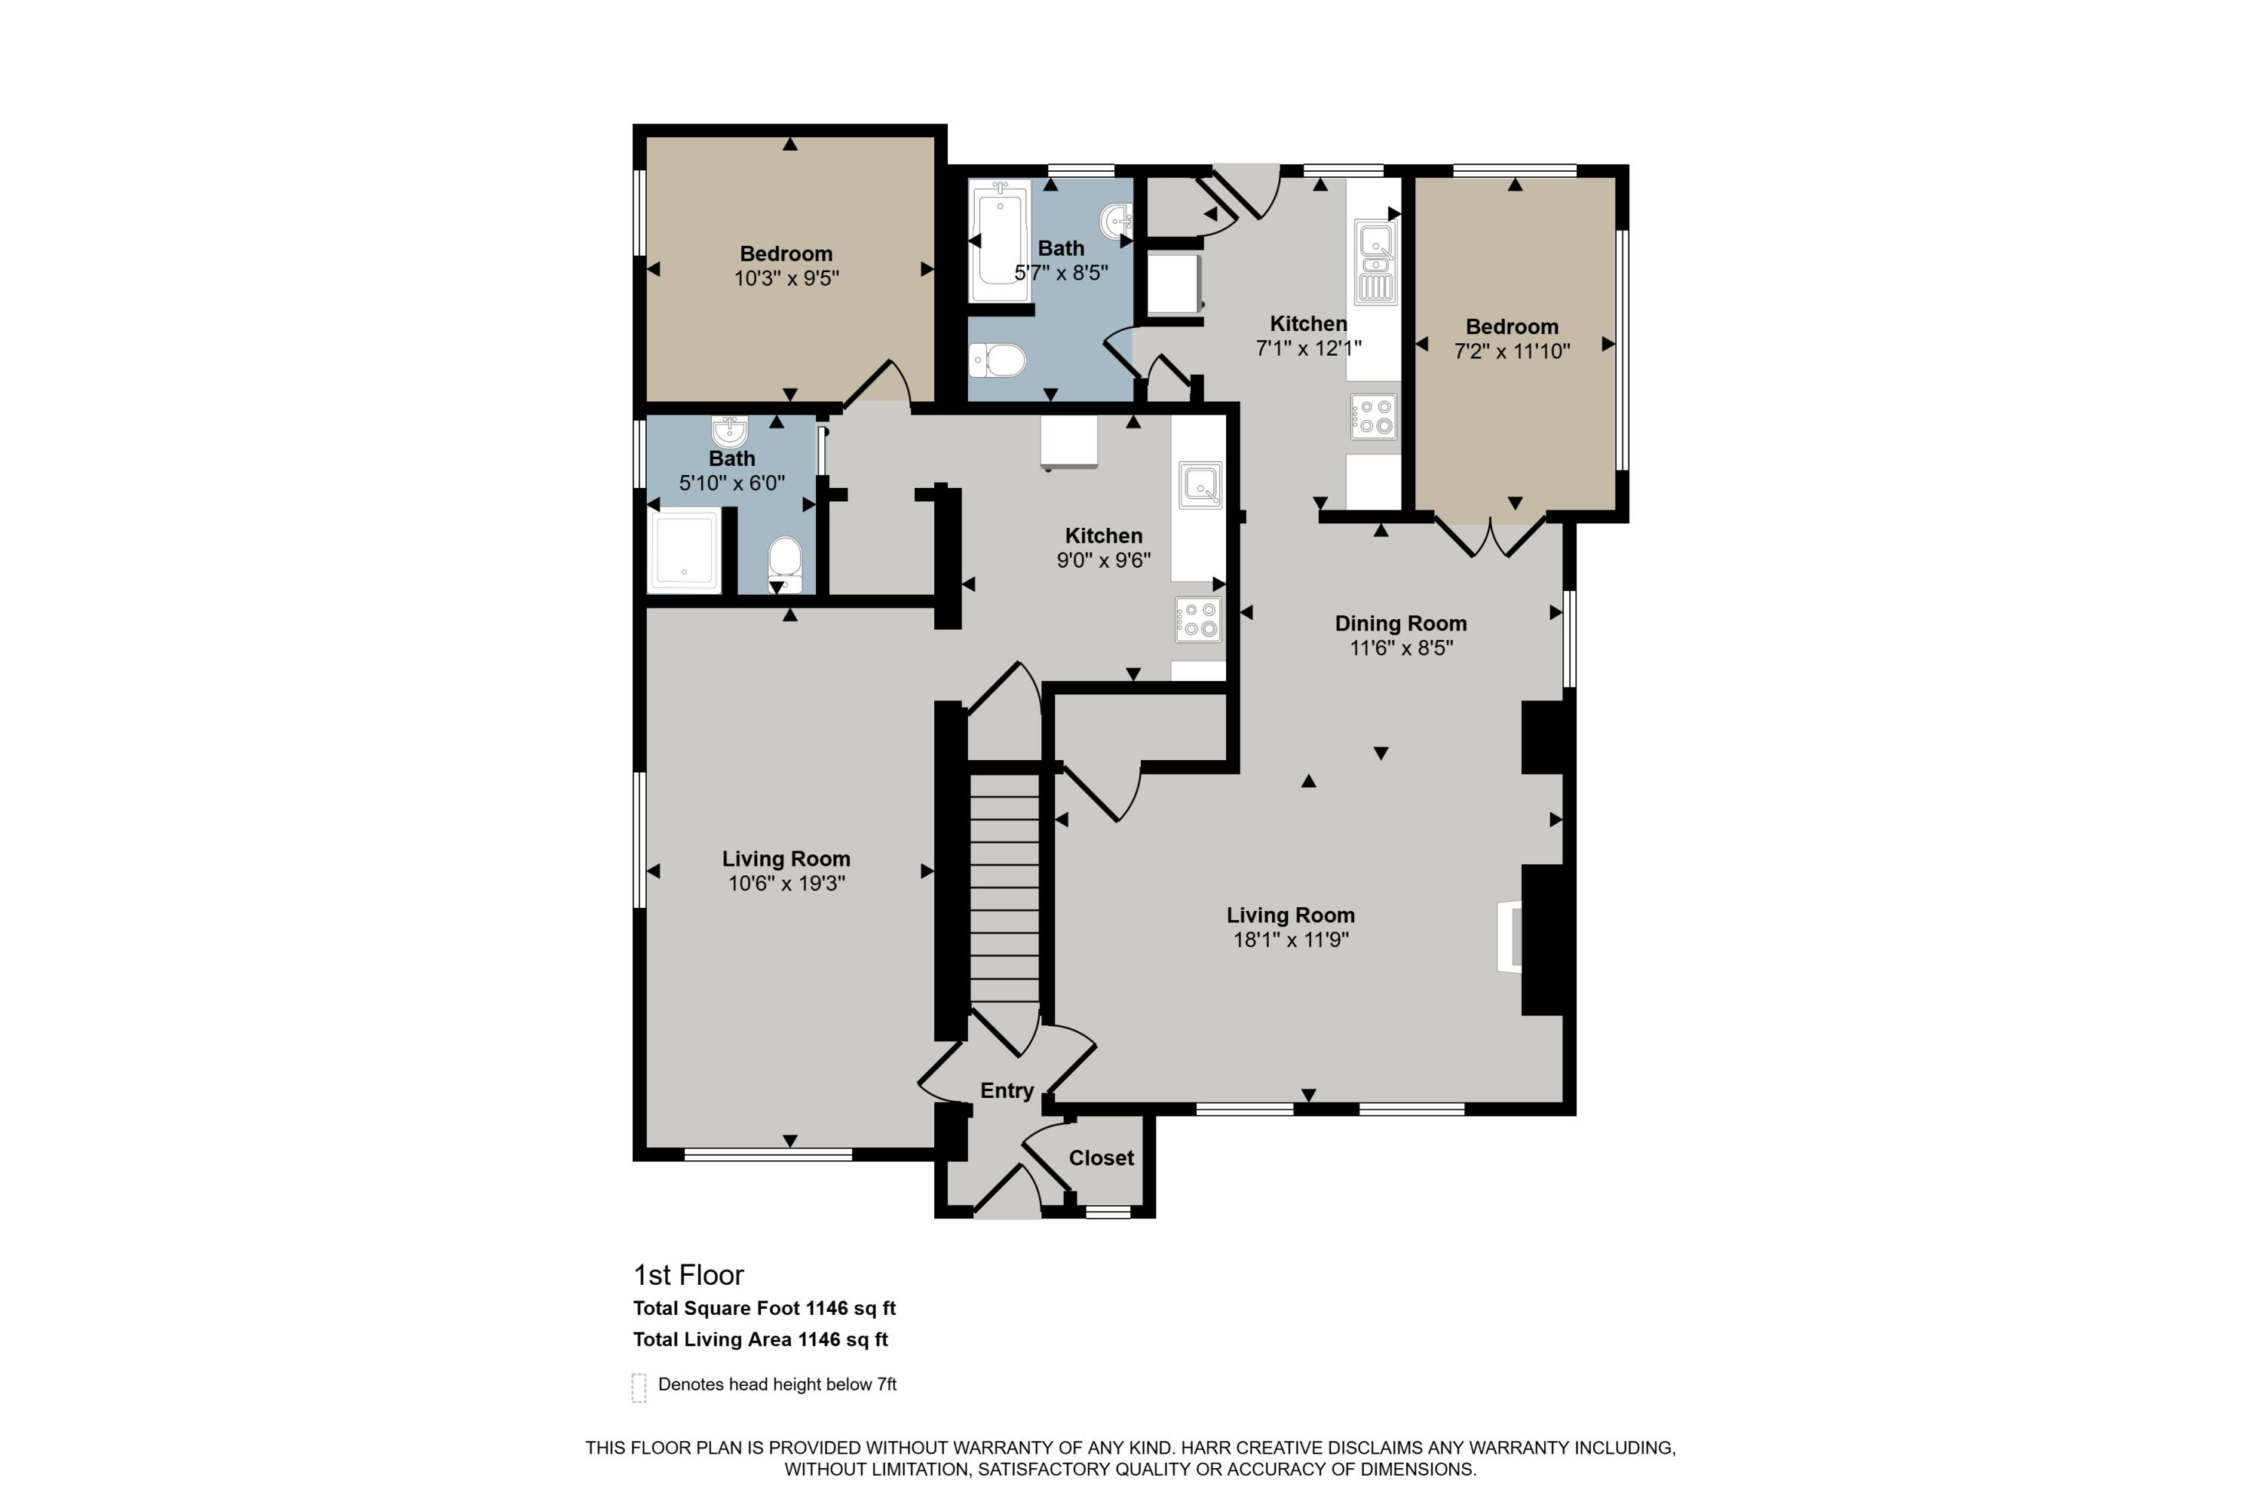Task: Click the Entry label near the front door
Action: point(1006,1090)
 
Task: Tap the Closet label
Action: point(1101,1158)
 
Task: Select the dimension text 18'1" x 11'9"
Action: point(1291,939)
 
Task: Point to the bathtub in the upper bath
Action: point(999,241)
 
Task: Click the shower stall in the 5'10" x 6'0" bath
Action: point(685,550)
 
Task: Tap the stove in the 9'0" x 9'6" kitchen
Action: point(1197,618)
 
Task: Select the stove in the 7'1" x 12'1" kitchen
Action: point(1373,416)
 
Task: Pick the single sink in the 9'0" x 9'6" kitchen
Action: point(1200,485)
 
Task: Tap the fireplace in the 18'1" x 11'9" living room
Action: point(1510,938)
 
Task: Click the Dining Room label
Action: point(1400,624)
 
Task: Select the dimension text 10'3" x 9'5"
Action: point(786,279)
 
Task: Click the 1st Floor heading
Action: point(688,1275)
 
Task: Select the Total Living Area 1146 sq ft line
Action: point(760,1340)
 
